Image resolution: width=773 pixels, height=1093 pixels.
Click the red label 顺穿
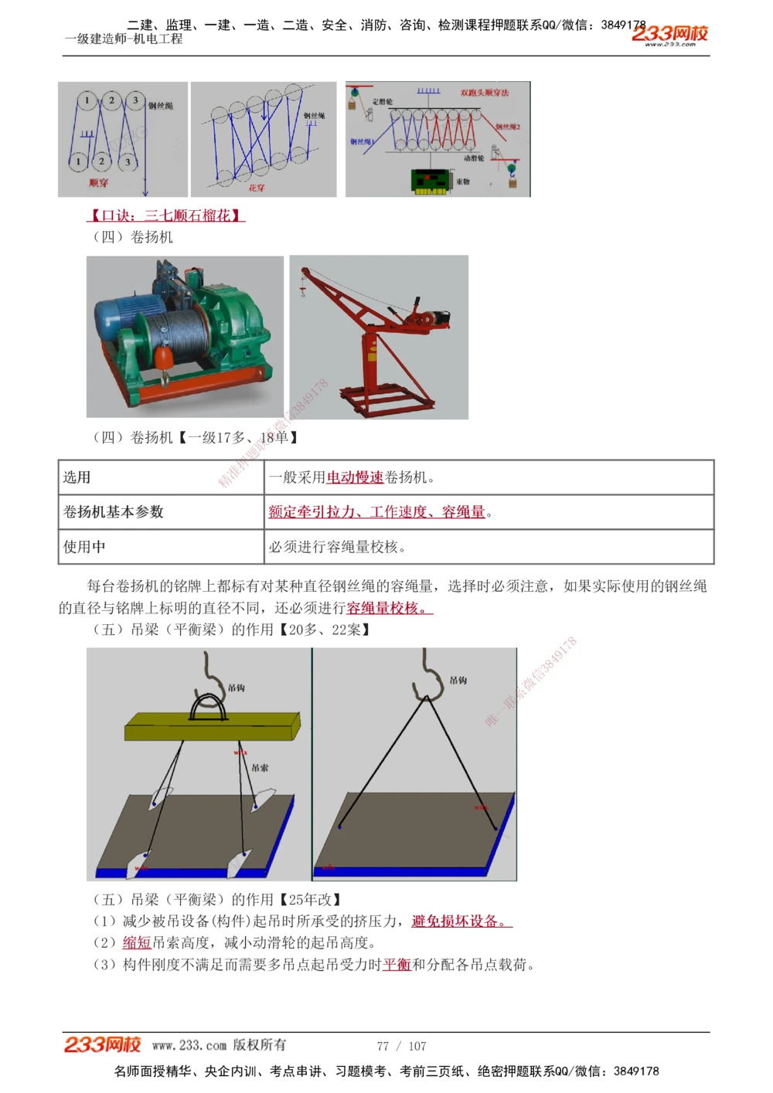click(98, 183)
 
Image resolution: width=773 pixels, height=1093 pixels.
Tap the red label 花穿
click(257, 187)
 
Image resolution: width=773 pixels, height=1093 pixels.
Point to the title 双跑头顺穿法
click(485, 93)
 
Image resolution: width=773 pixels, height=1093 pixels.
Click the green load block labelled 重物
click(431, 181)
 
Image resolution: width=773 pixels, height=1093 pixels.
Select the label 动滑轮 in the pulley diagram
click(474, 158)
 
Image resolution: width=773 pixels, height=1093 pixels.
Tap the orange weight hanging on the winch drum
click(163, 358)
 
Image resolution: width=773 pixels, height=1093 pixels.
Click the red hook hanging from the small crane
click(302, 289)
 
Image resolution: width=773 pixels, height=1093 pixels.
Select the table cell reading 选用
click(77, 477)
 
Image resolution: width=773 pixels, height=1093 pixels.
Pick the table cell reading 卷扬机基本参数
click(114, 511)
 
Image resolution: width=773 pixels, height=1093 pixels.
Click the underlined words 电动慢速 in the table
click(355, 477)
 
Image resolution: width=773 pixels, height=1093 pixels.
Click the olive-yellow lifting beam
click(211, 727)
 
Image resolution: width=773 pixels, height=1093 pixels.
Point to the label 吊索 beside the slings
click(260, 768)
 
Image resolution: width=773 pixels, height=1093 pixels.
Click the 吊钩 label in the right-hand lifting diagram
click(458, 681)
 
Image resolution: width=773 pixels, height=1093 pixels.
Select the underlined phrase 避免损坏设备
click(459, 921)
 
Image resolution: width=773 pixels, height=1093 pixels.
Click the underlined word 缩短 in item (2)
click(137, 942)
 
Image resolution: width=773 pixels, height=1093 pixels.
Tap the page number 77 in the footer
click(383, 1046)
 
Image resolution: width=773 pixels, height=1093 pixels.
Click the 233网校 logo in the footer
click(102, 1045)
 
